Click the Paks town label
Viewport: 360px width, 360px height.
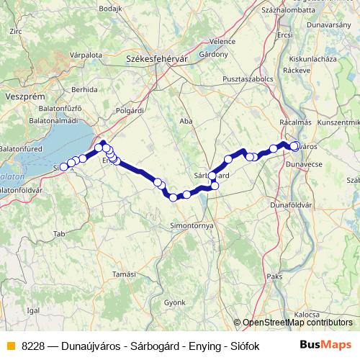(274, 276)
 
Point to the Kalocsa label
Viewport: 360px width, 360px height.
(306, 315)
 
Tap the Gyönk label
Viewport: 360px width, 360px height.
(174, 303)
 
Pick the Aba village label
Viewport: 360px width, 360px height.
(186, 121)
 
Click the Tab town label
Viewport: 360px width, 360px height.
(59, 234)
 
